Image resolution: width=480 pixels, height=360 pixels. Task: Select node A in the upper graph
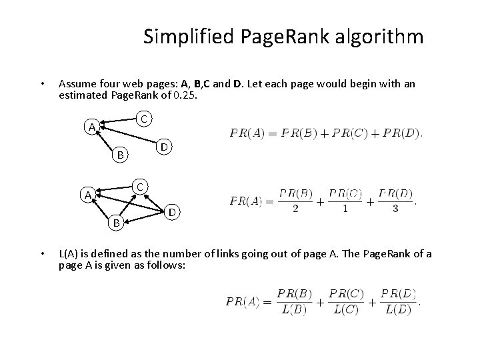(x=87, y=127)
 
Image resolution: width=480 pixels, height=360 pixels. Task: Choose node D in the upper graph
(x=164, y=146)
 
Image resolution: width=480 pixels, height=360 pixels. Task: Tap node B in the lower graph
(x=116, y=223)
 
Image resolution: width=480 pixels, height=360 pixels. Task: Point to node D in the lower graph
(x=172, y=213)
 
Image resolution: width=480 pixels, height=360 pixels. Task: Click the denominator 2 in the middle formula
(x=295, y=209)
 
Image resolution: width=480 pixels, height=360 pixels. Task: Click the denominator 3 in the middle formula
(x=395, y=209)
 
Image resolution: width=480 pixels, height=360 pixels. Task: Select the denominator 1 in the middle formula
(x=345, y=209)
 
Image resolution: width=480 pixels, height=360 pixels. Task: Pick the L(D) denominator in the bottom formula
(x=398, y=310)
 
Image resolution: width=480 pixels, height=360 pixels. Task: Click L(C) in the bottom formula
(x=346, y=310)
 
